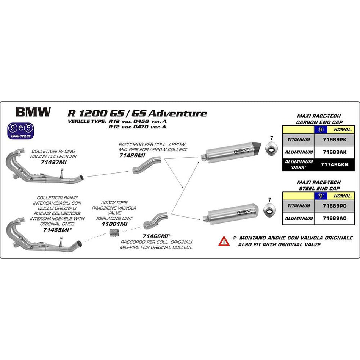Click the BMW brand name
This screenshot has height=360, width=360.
tap(33, 112)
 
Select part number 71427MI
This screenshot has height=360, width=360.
tap(53, 162)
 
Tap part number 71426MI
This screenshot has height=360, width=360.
tap(132, 155)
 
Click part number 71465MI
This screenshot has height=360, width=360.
tap(56, 230)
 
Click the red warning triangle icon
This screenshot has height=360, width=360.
tap(224, 241)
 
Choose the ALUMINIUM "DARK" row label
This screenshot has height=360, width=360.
tap(298, 164)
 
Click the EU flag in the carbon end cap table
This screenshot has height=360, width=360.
tap(320, 129)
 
